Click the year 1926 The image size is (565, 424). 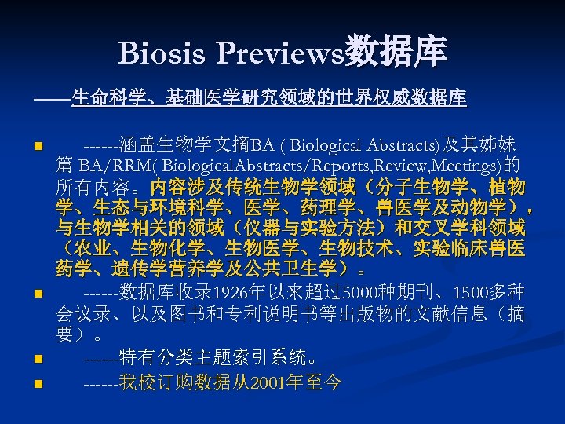(x=230, y=294)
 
